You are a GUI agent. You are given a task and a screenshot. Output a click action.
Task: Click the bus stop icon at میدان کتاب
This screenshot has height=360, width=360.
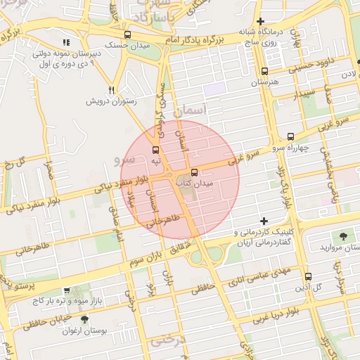click(194, 172)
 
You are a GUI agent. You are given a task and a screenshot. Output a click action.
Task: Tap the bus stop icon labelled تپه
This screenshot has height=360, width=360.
click(155, 150)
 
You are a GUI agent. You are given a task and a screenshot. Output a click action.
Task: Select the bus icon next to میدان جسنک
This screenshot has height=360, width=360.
click(127, 35)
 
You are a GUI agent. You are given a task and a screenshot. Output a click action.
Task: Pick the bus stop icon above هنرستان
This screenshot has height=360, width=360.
click(264, 71)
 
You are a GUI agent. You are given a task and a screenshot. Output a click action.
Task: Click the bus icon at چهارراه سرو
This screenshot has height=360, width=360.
click(290, 136)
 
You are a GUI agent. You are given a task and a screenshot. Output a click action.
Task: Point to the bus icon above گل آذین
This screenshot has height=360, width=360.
click(309, 276)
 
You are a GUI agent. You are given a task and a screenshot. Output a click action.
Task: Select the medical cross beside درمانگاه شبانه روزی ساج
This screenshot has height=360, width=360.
click(261, 22)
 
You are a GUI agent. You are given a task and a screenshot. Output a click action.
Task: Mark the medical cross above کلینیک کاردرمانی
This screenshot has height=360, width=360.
click(264, 221)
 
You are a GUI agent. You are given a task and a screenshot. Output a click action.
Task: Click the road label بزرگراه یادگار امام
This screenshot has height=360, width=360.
click(198, 41)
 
